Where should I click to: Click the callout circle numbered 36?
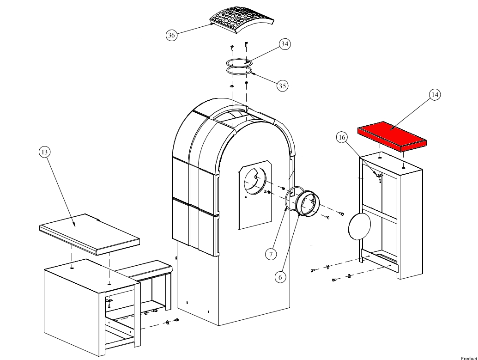(x=172, y=36)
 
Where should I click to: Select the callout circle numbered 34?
(x=284, y=44)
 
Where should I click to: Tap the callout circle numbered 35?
(x=283, y=85)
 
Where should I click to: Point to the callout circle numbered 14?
(x=434, y=95)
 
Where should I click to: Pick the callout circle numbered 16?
(x=341, y=137)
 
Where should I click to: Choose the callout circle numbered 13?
(x=44, y=152)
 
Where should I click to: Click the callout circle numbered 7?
(x=272, y=253)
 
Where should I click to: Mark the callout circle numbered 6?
(x=280, y=277)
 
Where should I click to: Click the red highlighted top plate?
(x=392, y=135)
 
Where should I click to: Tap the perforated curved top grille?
(x=241, y=18)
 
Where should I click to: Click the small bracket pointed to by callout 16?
(x=379, y=176)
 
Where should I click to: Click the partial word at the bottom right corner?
(x=469, y=357)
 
